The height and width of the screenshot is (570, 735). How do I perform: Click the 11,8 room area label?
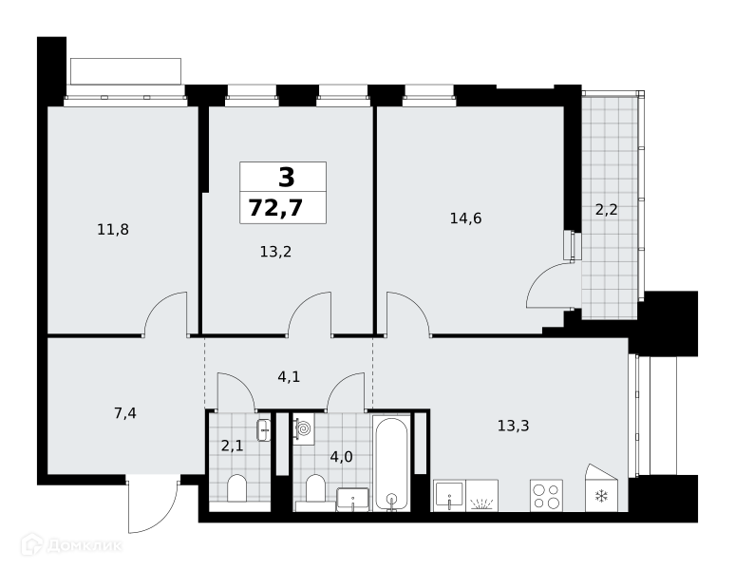tap(113, 230)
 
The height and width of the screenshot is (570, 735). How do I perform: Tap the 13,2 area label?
tap(275, 252)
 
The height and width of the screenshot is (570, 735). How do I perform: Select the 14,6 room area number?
tap(465, 218)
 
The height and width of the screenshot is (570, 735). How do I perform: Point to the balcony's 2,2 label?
tap(606, 210)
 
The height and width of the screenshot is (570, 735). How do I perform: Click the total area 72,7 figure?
tap(275, 208)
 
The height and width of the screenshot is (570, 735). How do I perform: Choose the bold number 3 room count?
tap(287, 178)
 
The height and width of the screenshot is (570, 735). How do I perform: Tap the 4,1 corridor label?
tap(289, 376)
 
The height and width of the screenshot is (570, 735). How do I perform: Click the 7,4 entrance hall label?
tap(125, 413)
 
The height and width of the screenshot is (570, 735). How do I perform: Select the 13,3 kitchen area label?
tap(514, 426)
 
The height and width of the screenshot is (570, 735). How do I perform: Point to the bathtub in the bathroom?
tap(391, 463)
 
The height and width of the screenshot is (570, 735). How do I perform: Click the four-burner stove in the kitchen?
tap(547, 496)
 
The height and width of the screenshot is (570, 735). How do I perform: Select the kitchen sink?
tap(449, 496)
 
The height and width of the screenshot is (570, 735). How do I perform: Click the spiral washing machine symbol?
tap(303, 428)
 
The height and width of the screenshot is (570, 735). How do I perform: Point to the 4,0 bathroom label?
tap(341, 457)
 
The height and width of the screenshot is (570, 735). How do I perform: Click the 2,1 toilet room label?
tap(232, 446)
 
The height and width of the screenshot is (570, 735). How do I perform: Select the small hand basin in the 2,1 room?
tap(264, 429)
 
